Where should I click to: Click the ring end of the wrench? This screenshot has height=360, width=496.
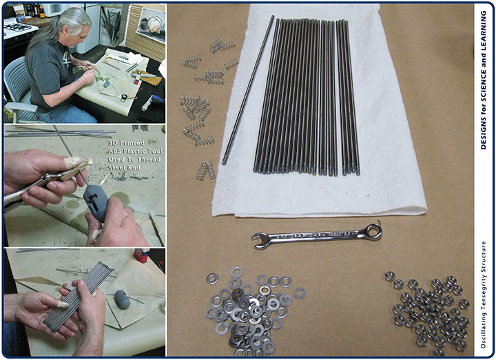pyautogui.click(x=373, y=231)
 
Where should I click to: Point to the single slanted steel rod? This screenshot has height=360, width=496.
pyautogui.click(x=248, y=90)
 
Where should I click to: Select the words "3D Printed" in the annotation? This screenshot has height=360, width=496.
pyautogui.click(x=126, y=143)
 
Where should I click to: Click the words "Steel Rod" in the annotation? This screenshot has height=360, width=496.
pyautogui.click(x=124, y=167)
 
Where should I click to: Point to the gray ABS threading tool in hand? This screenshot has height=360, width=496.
pyautogui.click(x=96, y=203)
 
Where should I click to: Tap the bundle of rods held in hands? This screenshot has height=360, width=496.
pyautogui.click(x=78, y=296)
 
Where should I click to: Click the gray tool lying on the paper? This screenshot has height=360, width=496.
pyautogui.click(x=122, y=299)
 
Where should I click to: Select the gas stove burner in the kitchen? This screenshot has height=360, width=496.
pyautogui.click(x=17, y=28)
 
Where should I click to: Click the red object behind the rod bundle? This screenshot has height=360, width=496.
pyautogui.click(x=142, y=255)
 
